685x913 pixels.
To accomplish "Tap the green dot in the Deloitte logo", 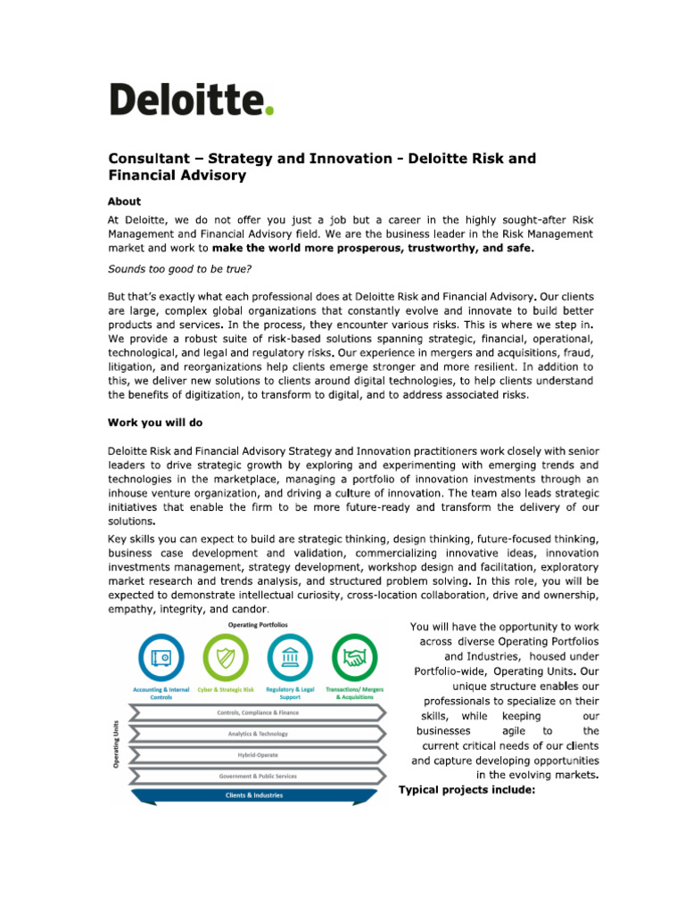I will pyautogui.click(x=269, y=110).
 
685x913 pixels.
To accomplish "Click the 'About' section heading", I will pyautogui.click(x=124, y=202).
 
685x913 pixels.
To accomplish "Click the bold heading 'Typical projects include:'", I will pyautogui.click(x=466, y=789).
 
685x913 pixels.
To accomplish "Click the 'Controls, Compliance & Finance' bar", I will pyautogui.click(x=259, y=712).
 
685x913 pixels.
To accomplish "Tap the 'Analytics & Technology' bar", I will pyautogui.click(x=259, y=734).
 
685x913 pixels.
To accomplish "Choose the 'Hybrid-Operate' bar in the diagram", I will pyautogui.click(x=259, y=754).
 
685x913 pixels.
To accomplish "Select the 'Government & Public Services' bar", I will pyautogui.click(x=259, y=776).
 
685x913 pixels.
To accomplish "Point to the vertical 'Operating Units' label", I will pyautogui.click(x=115, y=744).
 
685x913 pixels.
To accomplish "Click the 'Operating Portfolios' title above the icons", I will pyautogui.click(x=258, y=625).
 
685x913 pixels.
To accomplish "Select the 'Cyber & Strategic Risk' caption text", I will pyautogui.click(x=225, y=690).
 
